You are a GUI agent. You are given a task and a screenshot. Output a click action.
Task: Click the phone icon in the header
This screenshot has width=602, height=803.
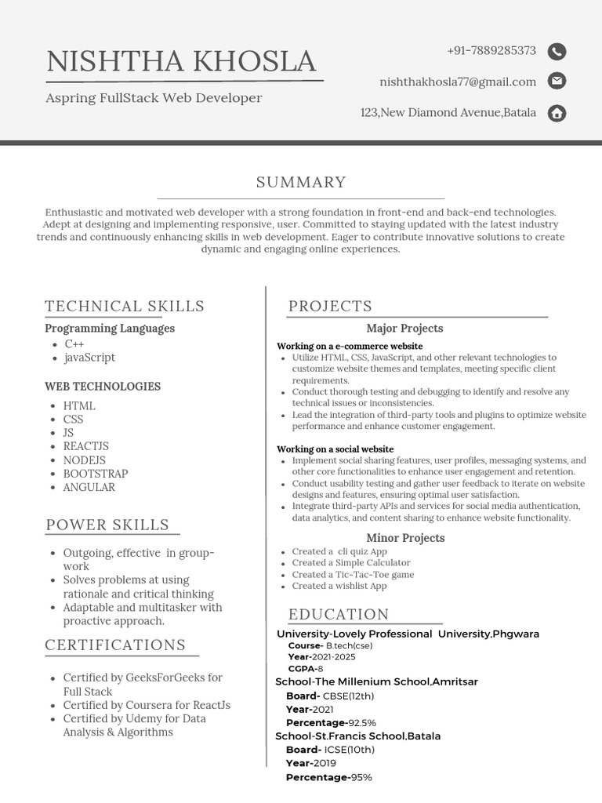[x=557, y=52]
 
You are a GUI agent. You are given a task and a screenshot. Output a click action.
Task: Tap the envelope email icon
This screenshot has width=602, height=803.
[x=557, y=81]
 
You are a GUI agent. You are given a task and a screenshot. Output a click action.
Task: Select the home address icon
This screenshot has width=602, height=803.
[x=557, y=113]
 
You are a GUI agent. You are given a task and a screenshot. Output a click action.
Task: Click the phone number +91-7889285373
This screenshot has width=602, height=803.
[x=491, y=51]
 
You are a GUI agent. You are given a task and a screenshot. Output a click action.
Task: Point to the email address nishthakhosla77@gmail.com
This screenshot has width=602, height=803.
[x=458, y=82]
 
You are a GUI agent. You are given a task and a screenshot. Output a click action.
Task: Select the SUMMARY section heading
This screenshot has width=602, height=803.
[x=301, y=183]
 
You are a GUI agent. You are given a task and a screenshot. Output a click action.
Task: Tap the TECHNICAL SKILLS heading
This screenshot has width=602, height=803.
[x=125, y=307]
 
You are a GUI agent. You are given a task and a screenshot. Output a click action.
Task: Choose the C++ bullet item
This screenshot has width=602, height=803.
[x=74, y=344]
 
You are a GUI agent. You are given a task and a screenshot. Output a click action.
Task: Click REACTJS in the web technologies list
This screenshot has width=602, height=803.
[x=86, y=447]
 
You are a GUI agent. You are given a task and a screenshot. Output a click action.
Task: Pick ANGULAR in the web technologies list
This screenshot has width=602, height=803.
[x=89, y=488]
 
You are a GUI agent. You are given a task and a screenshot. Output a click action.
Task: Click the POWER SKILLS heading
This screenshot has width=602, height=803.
[x=107, y=525]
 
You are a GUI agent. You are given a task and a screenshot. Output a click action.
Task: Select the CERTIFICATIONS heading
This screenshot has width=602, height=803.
[x=115, y=645]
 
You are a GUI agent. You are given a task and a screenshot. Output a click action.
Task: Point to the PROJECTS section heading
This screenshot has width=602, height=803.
[x=330, y=307]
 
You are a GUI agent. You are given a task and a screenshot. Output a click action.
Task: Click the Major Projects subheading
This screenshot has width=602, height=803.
[x=404, y=329]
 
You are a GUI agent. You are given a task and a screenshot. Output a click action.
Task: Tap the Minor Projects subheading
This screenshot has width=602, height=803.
[x=405, y=538]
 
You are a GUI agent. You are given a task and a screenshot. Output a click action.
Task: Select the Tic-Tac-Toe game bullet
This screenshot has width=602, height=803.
[x=353, y=575]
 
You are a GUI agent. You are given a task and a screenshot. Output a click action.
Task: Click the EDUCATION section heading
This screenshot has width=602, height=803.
[x=339, y=615]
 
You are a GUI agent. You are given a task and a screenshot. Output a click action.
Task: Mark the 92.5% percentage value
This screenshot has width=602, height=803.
[x=362, y=723]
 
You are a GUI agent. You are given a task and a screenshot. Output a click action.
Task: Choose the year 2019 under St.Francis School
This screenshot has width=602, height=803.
[x=324, y=764]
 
